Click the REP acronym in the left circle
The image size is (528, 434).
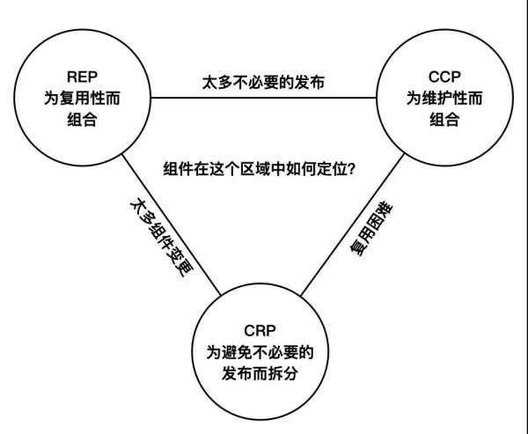tap(81, 77)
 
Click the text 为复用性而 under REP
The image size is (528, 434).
tap(81, 99)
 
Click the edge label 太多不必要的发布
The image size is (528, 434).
tap(263, 85)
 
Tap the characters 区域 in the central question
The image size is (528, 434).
tap(250, 167)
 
